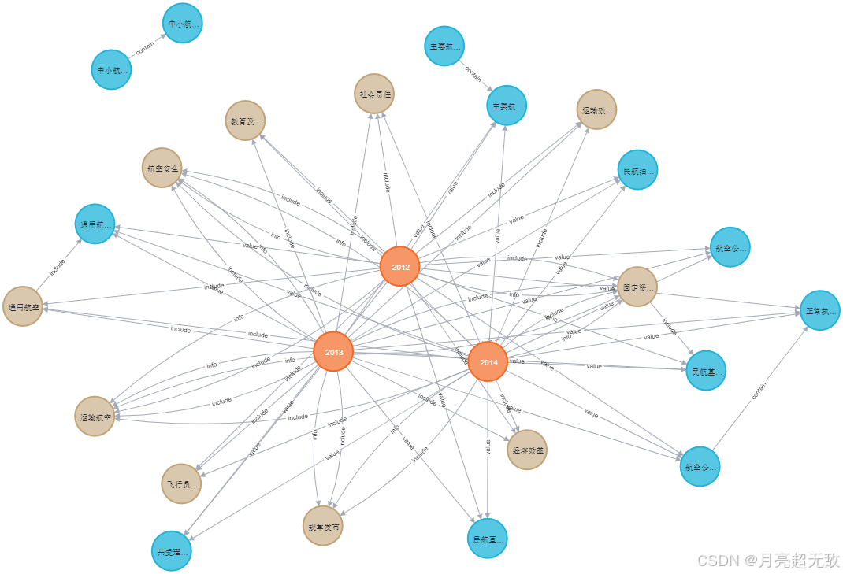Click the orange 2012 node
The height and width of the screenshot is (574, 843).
(x=399, y=267)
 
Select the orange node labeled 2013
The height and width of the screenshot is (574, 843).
(x=333, y=351)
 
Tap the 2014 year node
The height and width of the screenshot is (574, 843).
(x=488, y=361)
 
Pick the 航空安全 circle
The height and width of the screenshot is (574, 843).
(x=162, y=168)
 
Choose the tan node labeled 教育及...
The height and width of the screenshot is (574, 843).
(x=245, y=121)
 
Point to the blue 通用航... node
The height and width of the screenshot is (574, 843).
(x=95, y=224)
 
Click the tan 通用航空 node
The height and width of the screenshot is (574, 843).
(x=23, y=306)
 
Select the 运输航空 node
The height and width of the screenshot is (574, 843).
(x=95, y=416)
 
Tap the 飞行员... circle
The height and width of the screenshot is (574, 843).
(x=181, y=483)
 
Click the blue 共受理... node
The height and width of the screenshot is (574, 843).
(x=171, y=551)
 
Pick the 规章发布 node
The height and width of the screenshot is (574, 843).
(x=323, y=526)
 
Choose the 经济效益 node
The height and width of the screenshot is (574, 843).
(x=527, y=450)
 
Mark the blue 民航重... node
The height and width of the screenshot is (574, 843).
(x=488, y=539)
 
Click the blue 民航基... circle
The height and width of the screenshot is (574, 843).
(x=705, y=370)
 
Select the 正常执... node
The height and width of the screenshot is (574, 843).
(x=820, y=310)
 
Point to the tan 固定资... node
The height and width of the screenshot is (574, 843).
(x=637, y=287)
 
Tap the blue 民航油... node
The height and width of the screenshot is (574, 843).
(x=637, y=170)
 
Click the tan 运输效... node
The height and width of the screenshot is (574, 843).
(x=596, y=109)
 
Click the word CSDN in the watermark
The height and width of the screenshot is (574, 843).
(x=715, y=560)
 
